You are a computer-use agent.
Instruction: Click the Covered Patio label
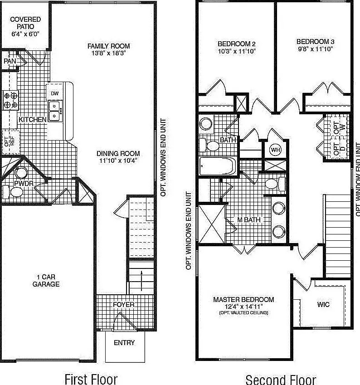(25, 23)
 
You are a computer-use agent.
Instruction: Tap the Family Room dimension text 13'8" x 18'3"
(109, 53)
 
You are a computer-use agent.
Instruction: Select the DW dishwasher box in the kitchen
(55, 93)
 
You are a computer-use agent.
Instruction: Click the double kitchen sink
(55, 112)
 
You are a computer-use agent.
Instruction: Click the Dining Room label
(118, 153)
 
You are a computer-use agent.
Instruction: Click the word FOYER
(124, 304)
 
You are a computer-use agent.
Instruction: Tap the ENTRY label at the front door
(124, 343)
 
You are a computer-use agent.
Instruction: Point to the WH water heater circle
(275, 149)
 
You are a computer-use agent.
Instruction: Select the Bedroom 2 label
(237, 44)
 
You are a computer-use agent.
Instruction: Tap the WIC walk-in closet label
(323, 305)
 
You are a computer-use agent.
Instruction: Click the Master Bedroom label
(243, 300)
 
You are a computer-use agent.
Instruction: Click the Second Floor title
(281, 379)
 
